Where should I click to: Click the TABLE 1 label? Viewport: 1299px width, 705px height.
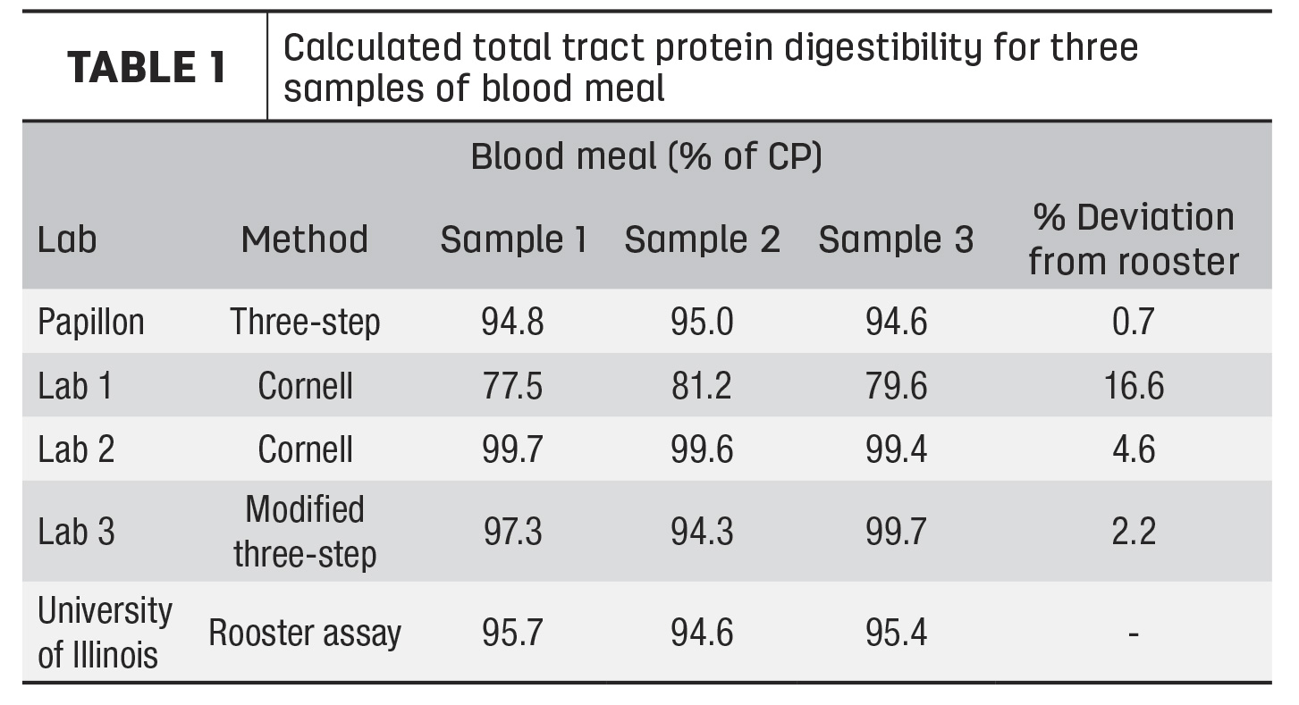pos(146,67)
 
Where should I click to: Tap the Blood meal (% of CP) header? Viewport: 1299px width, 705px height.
pos(646,156)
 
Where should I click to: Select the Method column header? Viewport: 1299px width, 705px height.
pos(305,239)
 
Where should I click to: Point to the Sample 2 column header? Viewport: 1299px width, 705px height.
pos(703,239)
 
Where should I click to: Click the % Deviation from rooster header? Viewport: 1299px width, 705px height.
pos(1134,239)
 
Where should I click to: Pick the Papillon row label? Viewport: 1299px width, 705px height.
pos(91,322)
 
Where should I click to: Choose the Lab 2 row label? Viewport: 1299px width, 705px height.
pos(76,449)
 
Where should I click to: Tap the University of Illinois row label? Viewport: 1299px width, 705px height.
pos(105,633)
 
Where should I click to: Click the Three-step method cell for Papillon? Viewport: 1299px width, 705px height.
pos(305,322)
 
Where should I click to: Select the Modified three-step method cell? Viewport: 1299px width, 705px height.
pos(305,532)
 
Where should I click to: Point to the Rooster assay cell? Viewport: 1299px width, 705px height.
pos(305,633)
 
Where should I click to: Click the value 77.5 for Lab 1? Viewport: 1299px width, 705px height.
pos(512,386)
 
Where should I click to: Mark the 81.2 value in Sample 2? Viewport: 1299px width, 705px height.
pos(702,386)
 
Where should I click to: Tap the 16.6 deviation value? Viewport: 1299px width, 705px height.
pos(1134,386)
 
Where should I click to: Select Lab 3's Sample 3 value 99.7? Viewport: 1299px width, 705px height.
pos(896,532)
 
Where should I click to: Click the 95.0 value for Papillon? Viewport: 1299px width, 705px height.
pos(702,322)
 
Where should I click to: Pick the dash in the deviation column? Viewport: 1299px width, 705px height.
pos(1134,634)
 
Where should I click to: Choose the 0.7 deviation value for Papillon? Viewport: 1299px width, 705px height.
pos(1134,322)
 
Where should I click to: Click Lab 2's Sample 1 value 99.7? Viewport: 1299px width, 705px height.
pos(512,449)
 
